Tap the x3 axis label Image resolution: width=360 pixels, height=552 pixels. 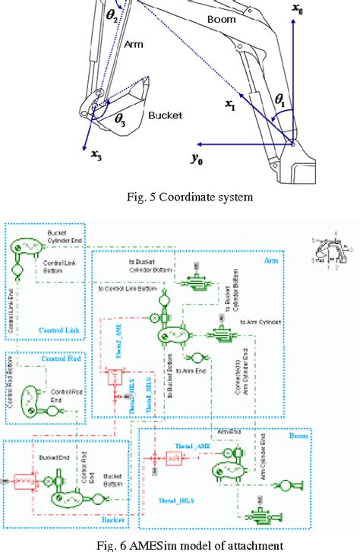click(96, 156)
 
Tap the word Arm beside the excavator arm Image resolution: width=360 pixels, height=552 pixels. click(134, 45)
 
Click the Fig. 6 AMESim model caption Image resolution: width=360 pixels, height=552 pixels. click(179, 542)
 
